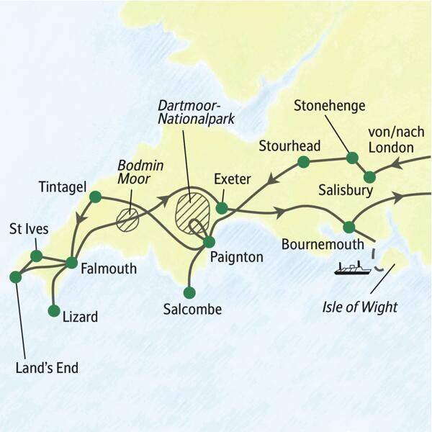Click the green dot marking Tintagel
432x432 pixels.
pos(94,195)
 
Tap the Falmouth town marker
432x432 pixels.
pos(71,262)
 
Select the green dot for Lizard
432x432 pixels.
pos(53,311)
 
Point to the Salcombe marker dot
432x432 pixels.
pos(189,293)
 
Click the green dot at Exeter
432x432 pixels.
pos(222,208)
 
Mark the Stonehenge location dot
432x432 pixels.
pos(352,158)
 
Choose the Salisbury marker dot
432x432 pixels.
pos(369,176)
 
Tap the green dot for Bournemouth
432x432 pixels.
pos(349,227)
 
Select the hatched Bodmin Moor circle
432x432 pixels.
pos(127,220)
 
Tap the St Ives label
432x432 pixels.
pos(29,230)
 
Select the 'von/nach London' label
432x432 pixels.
pos(390,140)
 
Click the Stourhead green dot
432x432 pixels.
pos(304,162)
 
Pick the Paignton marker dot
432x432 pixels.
pos(209,242)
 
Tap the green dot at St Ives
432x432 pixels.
pos(35,256)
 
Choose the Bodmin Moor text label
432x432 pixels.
pos(140,172)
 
